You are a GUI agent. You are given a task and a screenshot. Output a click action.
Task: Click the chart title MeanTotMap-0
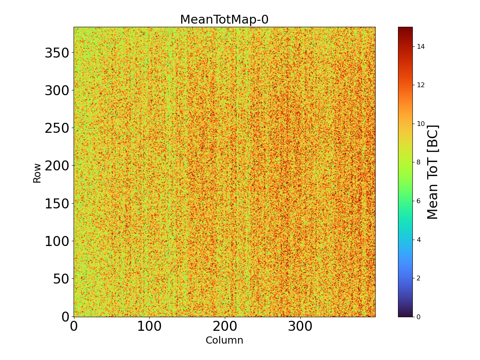(x=224, y=20)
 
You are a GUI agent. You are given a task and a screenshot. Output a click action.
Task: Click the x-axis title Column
(x=224, y=340)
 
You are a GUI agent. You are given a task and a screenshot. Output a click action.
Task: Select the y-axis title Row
(x=37, y=173)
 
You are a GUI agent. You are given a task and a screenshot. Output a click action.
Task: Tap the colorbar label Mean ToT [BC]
(x=433, y=172)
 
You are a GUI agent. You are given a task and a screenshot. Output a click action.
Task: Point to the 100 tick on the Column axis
(x=149, y=326)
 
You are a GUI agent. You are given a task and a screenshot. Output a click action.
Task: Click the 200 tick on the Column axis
(x=225, y=326)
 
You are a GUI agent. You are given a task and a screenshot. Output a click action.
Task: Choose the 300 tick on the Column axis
(x=300, y=326)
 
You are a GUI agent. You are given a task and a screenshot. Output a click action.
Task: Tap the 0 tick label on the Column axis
(x=74, y=326)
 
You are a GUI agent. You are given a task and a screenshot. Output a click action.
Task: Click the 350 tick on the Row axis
(x=56, y=53)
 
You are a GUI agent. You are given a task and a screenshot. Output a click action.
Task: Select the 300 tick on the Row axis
(x=56, y=90)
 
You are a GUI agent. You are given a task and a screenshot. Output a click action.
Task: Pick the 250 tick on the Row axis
(x=56, y=128)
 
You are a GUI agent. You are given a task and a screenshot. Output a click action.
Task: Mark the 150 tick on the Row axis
(x=56, y=203)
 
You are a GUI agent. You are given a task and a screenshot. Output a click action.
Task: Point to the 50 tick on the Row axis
(x=61, y=278)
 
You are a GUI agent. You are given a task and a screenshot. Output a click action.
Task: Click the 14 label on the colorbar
(x=420, y=47)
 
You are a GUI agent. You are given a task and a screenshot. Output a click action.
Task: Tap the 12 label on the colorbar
(x=420, y=85)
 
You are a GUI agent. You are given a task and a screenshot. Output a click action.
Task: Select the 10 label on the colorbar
(x=420, y=124)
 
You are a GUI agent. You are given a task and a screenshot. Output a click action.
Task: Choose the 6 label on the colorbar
(x=418, y=201)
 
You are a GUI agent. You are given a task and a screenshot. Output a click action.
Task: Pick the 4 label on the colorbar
(x=418, y=240)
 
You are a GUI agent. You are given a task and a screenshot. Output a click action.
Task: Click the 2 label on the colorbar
(x=418, y=278)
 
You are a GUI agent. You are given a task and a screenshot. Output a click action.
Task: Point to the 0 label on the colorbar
(x=418, y=317)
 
